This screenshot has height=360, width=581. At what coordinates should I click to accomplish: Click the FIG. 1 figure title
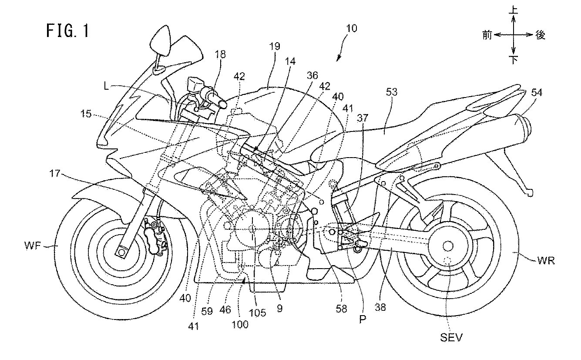point(67,32)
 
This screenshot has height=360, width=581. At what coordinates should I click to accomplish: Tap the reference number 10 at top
point(352,29)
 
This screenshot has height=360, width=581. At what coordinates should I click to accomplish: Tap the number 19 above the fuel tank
point(274,46)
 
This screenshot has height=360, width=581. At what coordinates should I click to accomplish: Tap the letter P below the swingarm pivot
point(363,319)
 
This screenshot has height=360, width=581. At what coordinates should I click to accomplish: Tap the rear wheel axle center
point(447,246)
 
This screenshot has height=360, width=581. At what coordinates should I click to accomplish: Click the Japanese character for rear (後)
point(540,35)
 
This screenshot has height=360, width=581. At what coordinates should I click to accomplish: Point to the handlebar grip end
point(222,104)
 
